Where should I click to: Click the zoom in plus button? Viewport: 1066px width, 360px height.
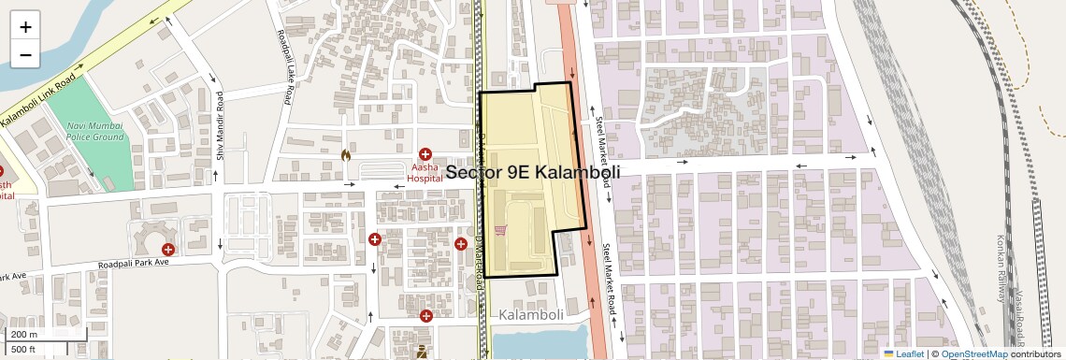(x=25, y=26)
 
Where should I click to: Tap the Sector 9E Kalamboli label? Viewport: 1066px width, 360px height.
(x=533, y=172)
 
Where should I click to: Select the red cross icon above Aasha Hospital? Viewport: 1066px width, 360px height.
(x=425, y=153)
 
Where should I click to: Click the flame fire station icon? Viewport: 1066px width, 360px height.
(x=346, y=155)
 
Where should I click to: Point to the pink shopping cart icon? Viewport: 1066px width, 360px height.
(x=501, y=230)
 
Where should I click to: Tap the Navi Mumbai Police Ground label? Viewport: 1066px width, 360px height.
(x=95, y=131)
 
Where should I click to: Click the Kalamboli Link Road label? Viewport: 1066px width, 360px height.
(x=37, y=97)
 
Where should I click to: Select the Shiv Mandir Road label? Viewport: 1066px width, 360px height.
(x=221, y=127)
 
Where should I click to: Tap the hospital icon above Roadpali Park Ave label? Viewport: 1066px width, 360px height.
(x=168, y=249)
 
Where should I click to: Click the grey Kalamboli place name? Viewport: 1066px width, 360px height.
(x=531, y=314)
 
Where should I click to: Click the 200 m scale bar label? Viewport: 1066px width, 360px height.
(x=24, y=335)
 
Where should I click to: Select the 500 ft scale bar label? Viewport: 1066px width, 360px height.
(x=23, y=349)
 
